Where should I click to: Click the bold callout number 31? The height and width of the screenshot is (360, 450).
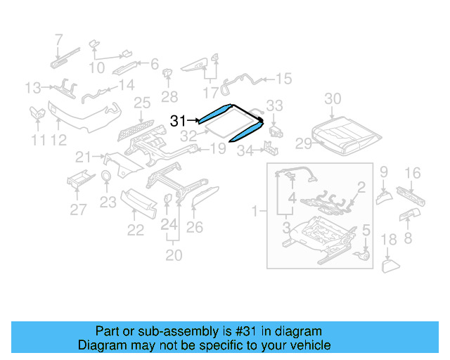[x=179, y=121]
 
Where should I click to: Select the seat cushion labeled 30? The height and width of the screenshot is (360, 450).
[x=347, y=131]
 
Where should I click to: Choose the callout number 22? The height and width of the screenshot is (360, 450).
[x=135, y=230]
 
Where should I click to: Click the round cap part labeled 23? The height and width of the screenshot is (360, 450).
[x=105, y=176]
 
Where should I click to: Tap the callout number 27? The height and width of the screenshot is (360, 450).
[x=78, y=209]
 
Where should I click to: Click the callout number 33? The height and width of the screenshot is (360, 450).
[x=274, y=105]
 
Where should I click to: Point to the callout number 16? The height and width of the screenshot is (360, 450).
[x=413, y=172]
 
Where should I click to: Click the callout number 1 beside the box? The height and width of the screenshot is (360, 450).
[x=257, y=210]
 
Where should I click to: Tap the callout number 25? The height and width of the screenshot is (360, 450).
[x=143, y=103]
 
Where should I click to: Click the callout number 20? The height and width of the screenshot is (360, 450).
[x=174, y=255]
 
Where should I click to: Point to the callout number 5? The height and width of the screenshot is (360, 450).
[x=366, y=229]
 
